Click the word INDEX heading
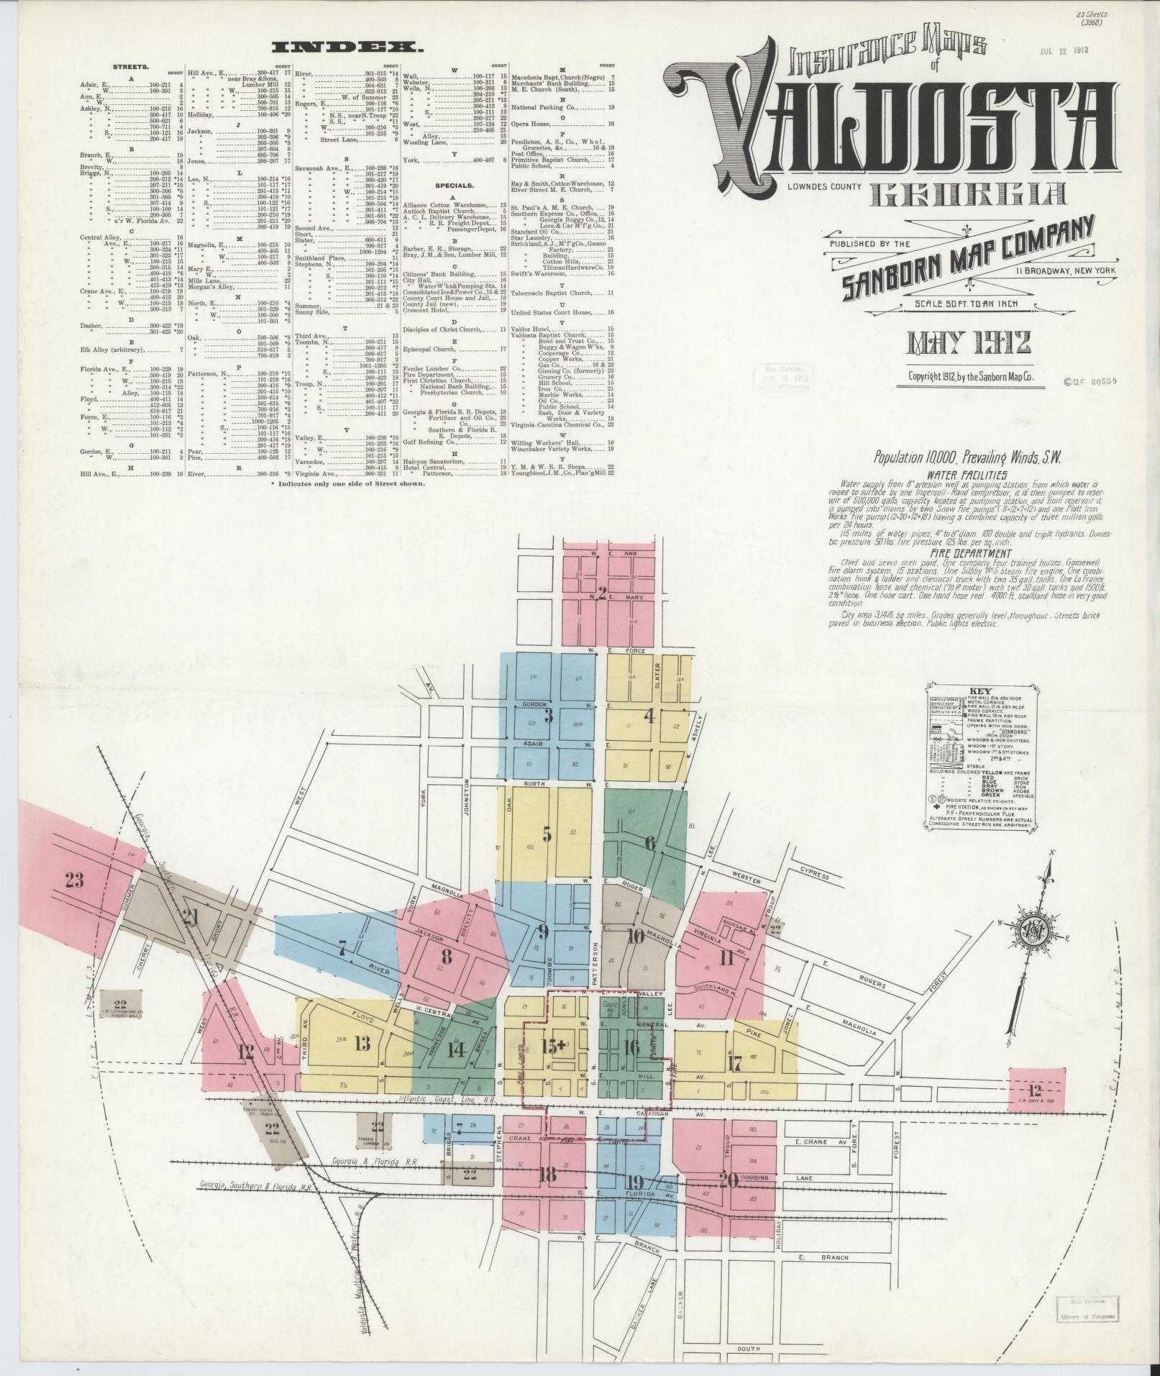click(348, 47)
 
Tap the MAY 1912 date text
click(960, 343)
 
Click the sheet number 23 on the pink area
click(74, 880)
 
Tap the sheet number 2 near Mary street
click(601, 593)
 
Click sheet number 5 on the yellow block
click(547, 835)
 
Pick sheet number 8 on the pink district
click(447, 957)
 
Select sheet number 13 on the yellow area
click(362, 1045)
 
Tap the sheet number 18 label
click(547, 1175)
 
